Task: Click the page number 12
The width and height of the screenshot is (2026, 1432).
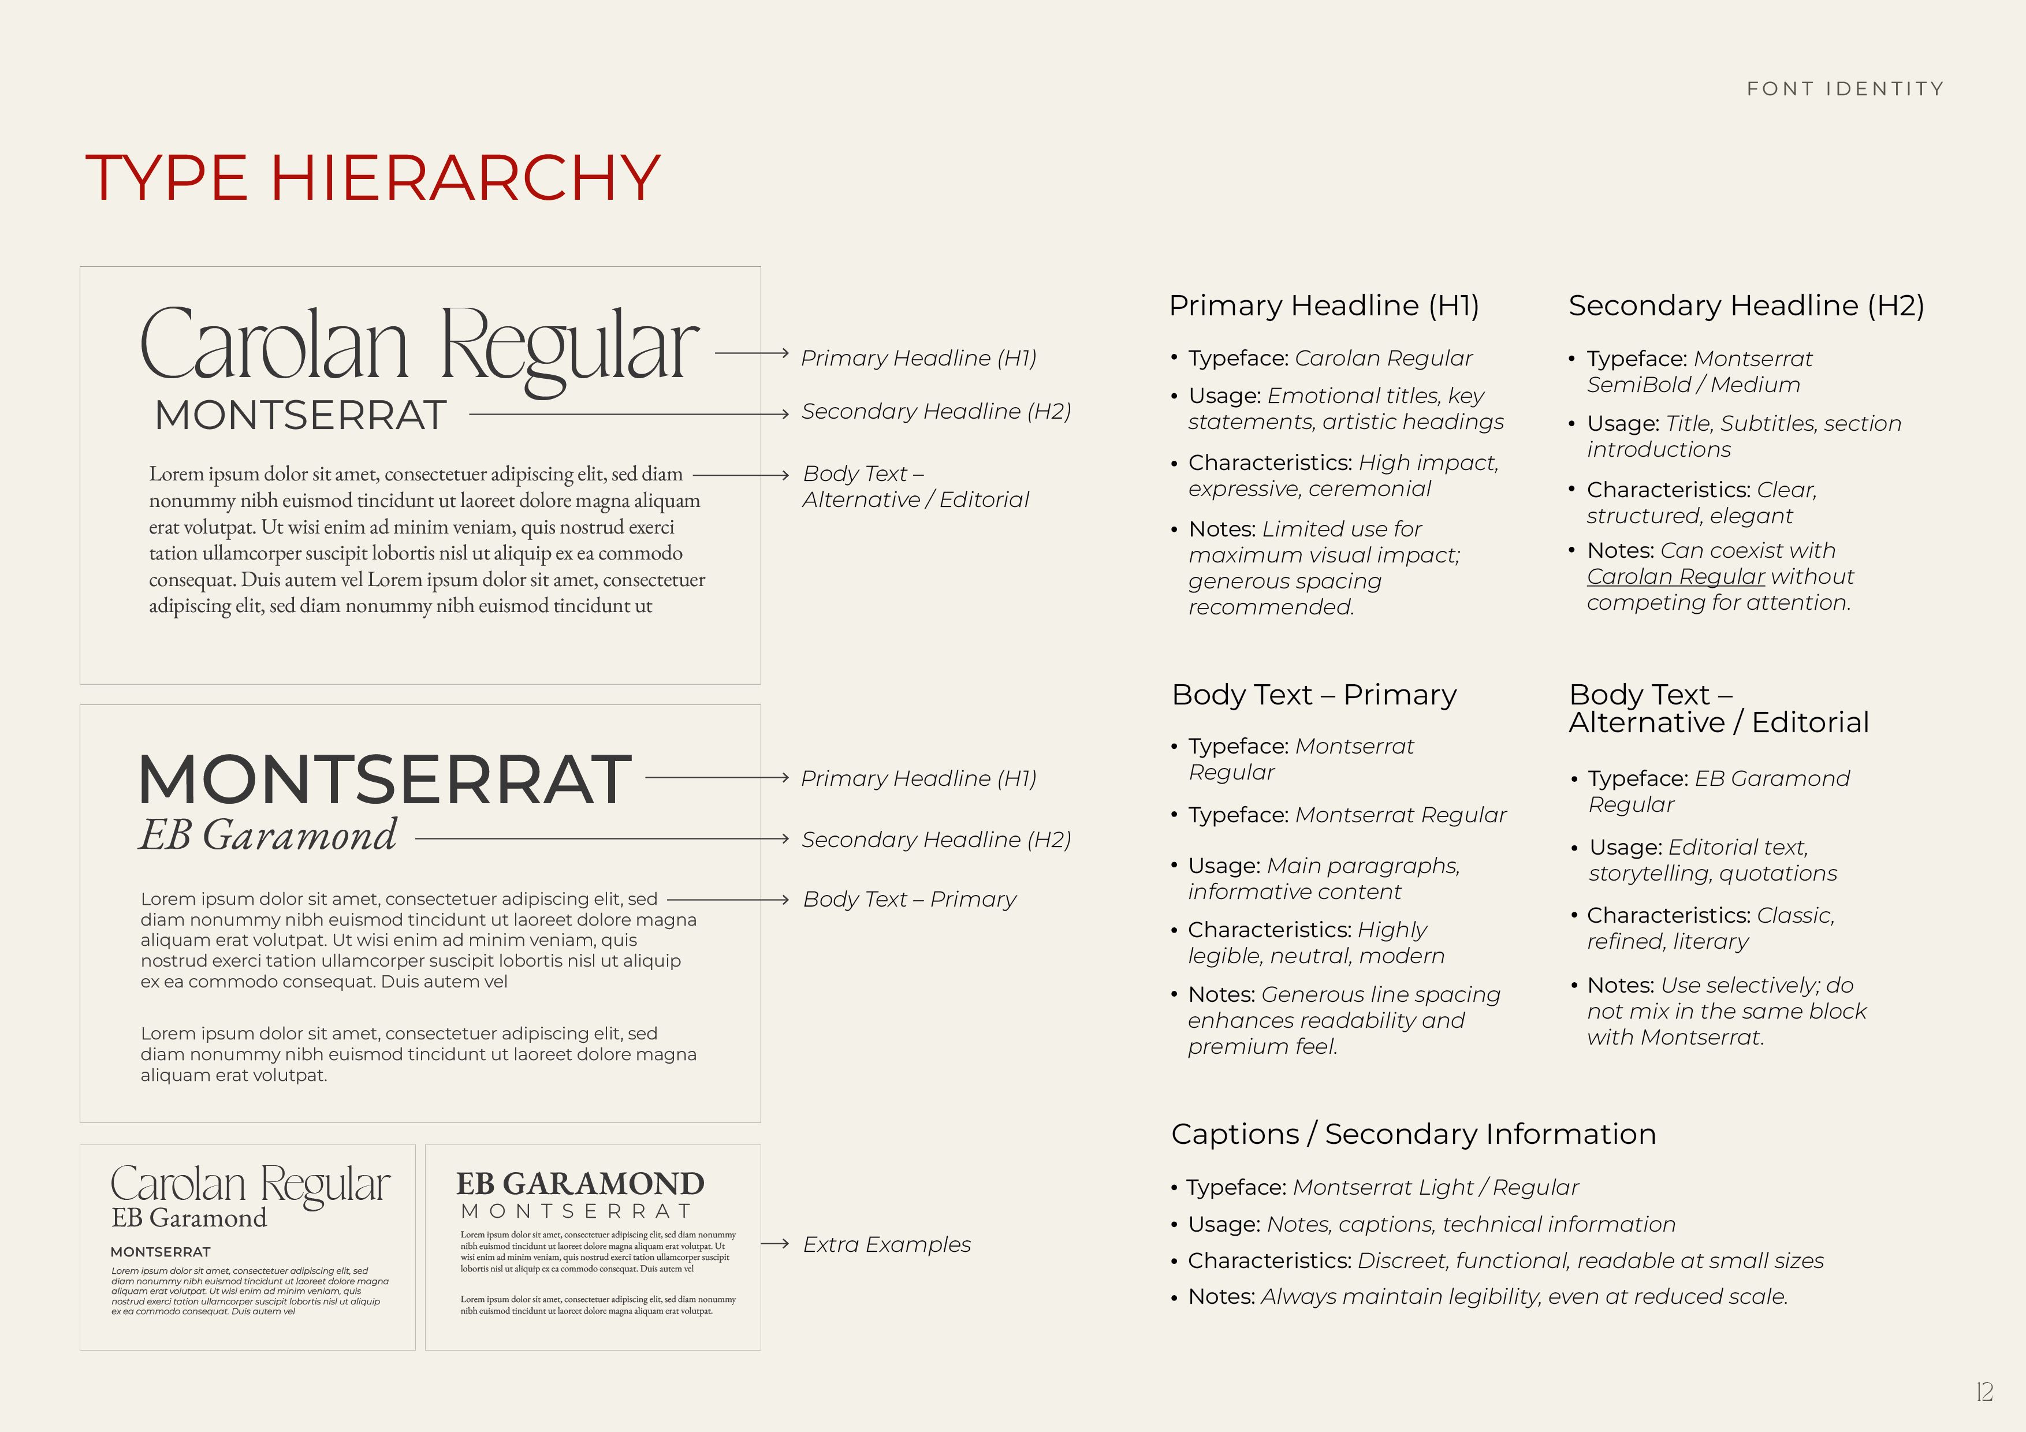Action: [1984, 1392]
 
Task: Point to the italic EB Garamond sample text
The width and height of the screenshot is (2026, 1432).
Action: [268, 836]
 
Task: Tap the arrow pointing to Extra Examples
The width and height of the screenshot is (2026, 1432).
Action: [774, 1244]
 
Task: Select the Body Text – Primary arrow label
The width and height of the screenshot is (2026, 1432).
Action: [909, 899]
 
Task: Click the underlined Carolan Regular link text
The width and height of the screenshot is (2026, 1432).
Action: [1675, 577]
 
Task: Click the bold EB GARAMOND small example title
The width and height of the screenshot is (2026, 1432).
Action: [580, 1183]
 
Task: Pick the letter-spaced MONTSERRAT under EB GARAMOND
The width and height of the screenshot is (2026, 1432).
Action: [577, 1211]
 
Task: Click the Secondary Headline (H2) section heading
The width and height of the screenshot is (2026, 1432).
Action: [1745, 305]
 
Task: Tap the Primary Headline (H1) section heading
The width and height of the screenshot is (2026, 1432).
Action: [1324, 305]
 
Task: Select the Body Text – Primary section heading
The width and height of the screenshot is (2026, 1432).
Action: [1314, 695]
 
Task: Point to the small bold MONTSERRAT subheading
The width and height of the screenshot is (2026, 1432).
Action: [161, 1252]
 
